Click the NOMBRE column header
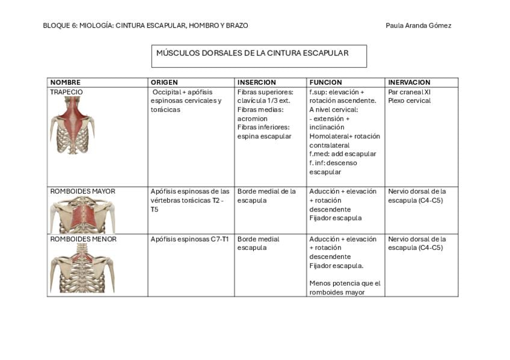[x=65, y=82]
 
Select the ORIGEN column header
[x=164, y=82]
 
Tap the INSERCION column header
[x=256, y=82]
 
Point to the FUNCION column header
[x=325, y=82]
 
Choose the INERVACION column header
[x=409, y=82]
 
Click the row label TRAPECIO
[x=66, y=92]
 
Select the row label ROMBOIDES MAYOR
[x=82, y=191]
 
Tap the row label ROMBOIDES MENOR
[x=83, y=239]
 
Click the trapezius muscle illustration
[x=73, y=125]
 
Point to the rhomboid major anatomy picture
[x=82, y=215]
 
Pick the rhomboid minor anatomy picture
[x=82, y=268]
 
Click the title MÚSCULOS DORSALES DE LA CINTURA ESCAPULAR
[x=252, y=53]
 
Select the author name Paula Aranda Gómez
[x=418, y=25]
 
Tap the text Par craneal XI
[x=410, y=92]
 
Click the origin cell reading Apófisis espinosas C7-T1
[x=189, y=239]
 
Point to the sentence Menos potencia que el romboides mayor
[x=345, y=288]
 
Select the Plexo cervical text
[x=410, y=101]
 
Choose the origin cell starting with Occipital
[x=187, y=100]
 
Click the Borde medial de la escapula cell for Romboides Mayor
[x=266, y=195]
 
